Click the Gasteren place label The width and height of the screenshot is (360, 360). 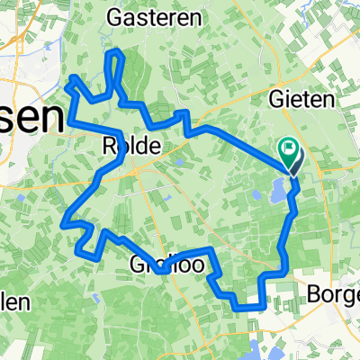tap(143, 17)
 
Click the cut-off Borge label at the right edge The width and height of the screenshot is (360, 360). tap(333, 294)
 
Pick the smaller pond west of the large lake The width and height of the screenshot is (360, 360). tap(258, 195)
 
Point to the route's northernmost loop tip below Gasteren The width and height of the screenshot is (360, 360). tap(115, 56)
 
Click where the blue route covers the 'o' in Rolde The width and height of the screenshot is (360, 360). tap(121, 145)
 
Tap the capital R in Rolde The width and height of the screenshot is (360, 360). tap(110, 145)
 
